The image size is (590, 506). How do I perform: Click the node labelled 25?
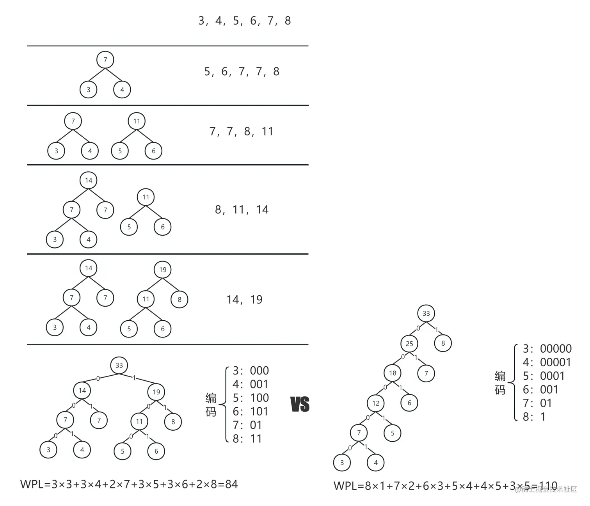coord(409,344)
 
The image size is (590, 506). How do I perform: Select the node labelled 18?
coord(393,373)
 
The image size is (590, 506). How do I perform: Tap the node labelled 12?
coord(376,403)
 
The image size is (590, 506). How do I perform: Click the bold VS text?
coord(300,404)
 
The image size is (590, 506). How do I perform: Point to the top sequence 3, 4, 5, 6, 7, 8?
coord(245,21)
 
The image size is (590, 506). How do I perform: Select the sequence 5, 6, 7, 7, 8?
coord(242,72)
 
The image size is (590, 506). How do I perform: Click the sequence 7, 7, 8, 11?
coord(242,131)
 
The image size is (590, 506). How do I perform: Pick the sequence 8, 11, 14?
coord(242,210)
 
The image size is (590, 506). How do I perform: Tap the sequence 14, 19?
coord(245,300)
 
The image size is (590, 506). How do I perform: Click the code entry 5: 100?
coord(251,398)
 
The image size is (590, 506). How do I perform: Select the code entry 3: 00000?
coord(547,349)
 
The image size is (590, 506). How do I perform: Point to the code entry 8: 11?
coord(247,439)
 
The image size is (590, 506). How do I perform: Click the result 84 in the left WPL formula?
coord(231,485)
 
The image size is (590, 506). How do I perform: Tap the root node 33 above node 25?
coord(426,313)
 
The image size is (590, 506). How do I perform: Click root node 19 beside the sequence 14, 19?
coord(163,270)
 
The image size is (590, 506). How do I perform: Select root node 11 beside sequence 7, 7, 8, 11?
coord(137,121)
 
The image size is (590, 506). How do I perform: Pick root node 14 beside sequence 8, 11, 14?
coord(89,180)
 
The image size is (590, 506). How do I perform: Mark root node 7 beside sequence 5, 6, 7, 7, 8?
coord(105,60)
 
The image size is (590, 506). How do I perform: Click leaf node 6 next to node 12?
coord(409,403)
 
